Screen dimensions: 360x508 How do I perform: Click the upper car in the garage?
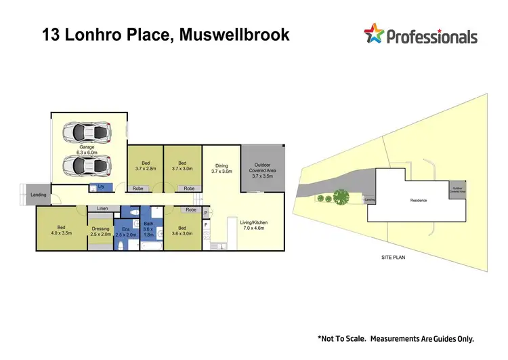tap(86, 130)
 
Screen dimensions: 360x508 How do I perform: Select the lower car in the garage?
tap(86, 165)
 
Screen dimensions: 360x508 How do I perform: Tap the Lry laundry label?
tap(101, 186)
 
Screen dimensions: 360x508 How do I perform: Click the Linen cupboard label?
tap(102, 208)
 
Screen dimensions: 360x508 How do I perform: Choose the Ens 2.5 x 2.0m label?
tap(126, 231)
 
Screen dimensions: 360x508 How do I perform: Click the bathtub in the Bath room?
tap(152, 245)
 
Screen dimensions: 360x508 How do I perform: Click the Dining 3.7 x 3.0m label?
tap(221, 169)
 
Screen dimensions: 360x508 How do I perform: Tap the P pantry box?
tap(206, 213)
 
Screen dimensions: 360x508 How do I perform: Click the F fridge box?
tap(206, 224)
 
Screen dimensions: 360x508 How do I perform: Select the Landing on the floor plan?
tap(39, 195)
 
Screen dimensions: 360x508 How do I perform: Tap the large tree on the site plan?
tap(341, 197)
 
